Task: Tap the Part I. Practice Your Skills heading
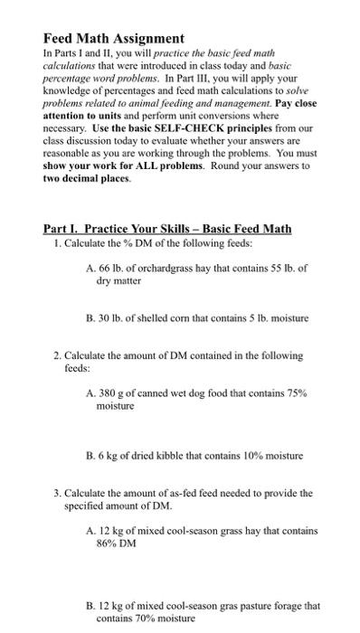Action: click(167, 228)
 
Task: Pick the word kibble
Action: click(189, 454)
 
